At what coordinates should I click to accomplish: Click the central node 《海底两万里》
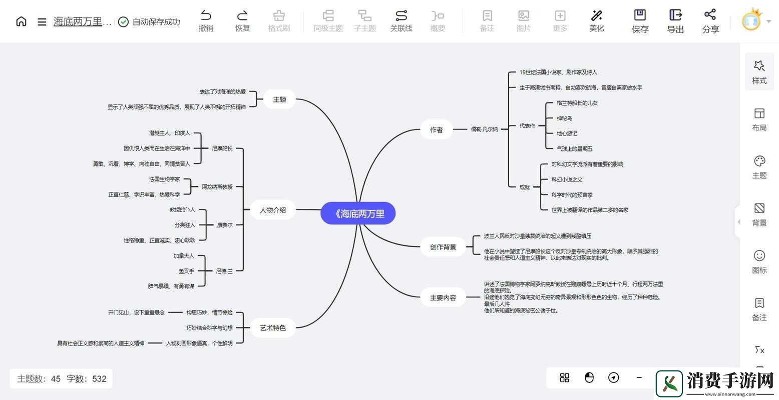click(x=358, y=213)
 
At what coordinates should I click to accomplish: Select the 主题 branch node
click(x=279, y=99)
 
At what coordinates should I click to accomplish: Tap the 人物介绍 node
click(x=273, y=210)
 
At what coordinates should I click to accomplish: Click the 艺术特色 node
click(x=273, y=327)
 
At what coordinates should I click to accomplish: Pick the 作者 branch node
click(x=436, y=129)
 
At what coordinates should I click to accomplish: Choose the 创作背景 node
click(x=443, y=246)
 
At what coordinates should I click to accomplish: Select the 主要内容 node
click(x=443, y=297)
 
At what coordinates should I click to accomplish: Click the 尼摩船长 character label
click(x=222, y=148)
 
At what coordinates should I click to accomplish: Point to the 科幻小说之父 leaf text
click(x=567, y=179)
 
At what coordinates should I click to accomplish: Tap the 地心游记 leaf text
click(x=567, y=133)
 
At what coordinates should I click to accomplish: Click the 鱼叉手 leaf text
click(x=186, y=271)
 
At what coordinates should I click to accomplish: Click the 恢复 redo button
click(x=242, y=21)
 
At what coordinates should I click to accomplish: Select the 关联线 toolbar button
click(x=401, y=21)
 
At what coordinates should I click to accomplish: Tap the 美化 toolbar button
click(x=596, y=21)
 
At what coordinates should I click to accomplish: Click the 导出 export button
click(x=675, y=21)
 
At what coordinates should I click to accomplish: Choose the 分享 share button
click(x=710, y=21)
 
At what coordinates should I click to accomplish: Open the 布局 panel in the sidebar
click(x=759, y=119)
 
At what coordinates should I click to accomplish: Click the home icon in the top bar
click(x=21, y=21)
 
